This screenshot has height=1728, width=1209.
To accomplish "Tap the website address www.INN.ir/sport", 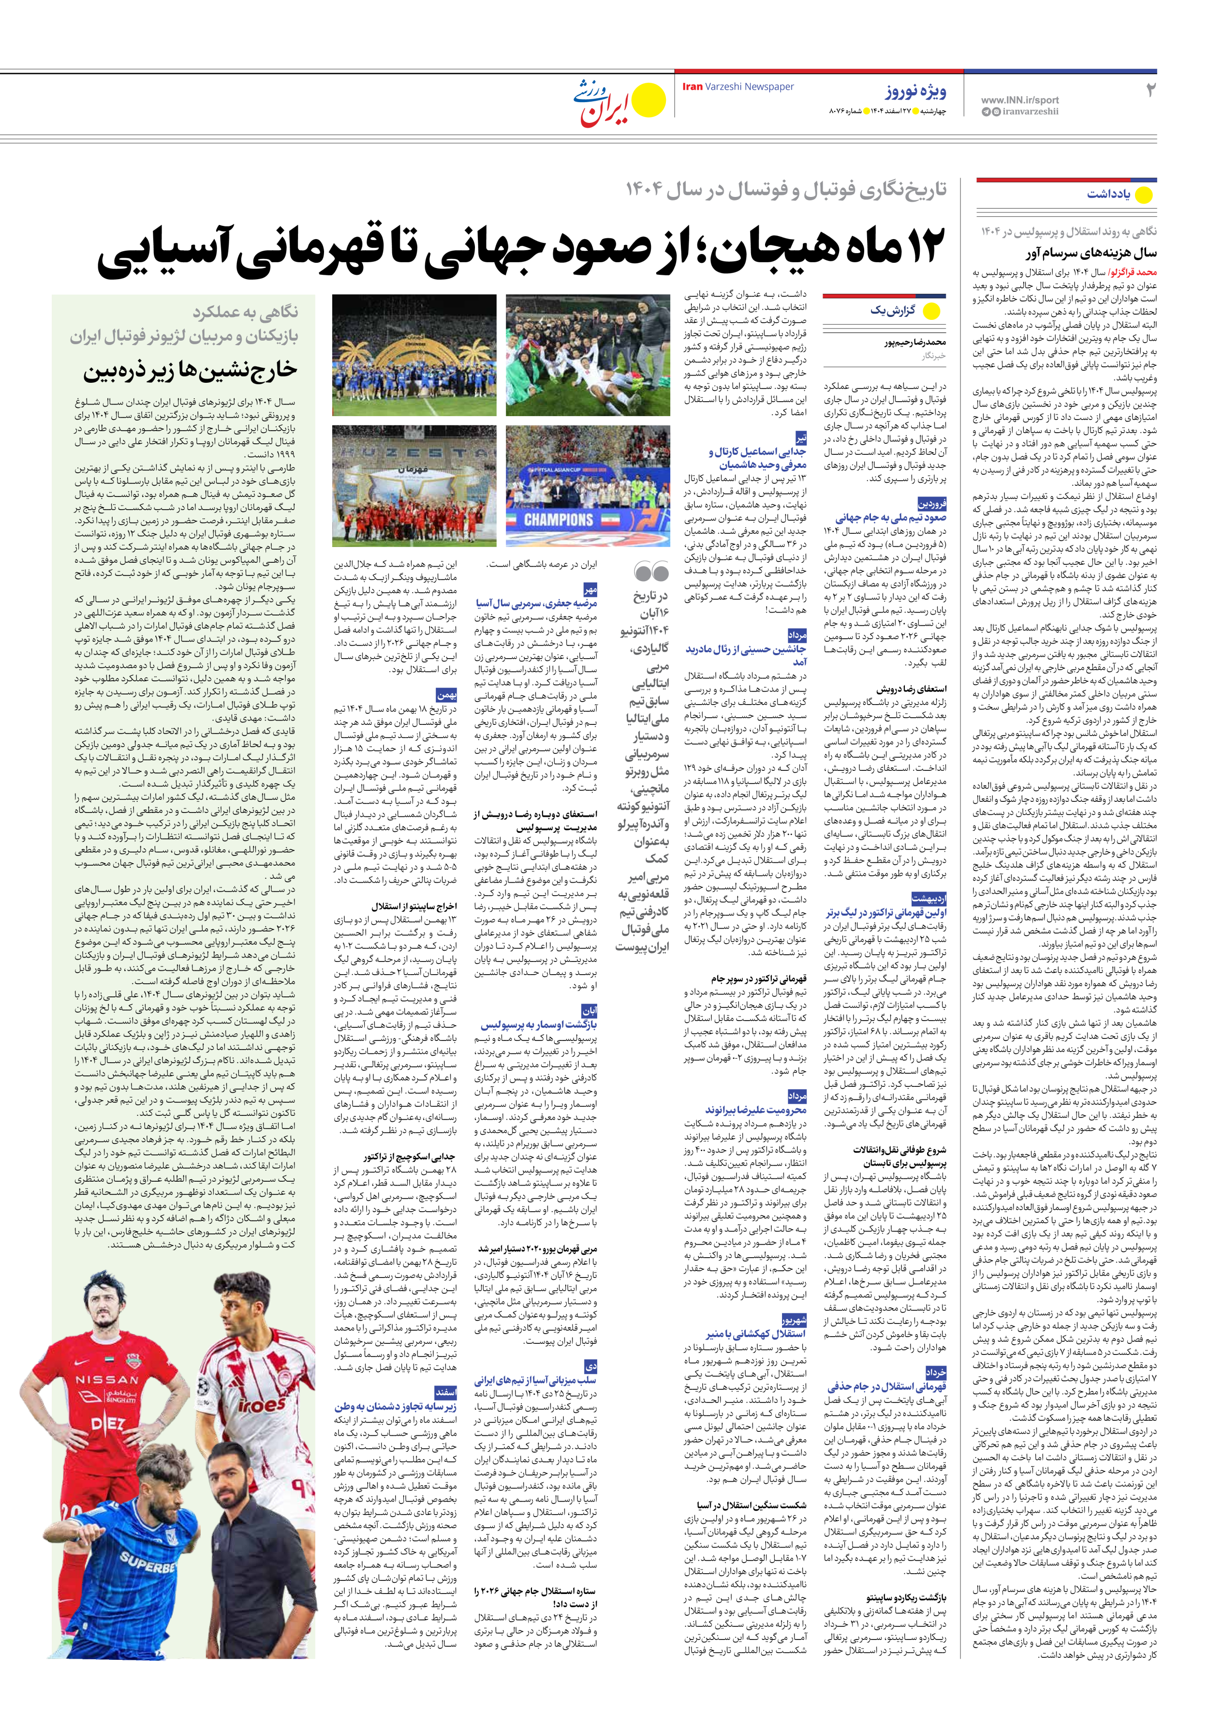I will (x=1019, y=99).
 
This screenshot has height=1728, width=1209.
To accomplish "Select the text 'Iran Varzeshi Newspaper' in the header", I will (x=737, y=87).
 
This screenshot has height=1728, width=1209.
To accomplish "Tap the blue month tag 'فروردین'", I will (x=931, y=504).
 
